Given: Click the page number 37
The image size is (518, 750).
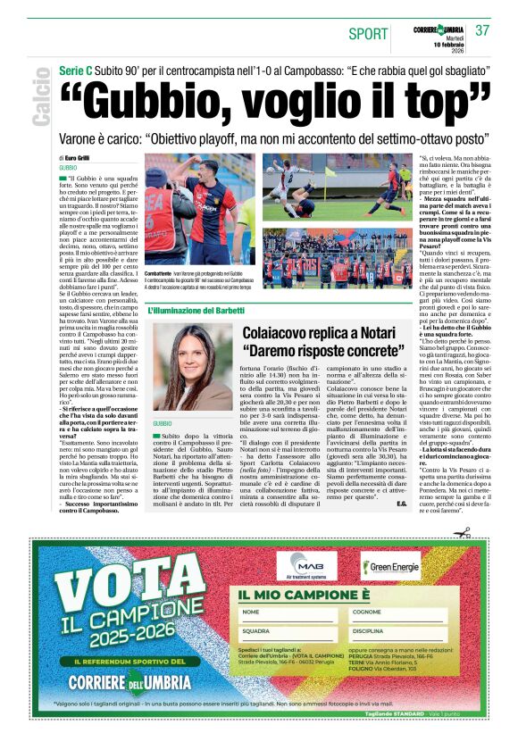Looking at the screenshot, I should pyautogui.click(x=483, y=30).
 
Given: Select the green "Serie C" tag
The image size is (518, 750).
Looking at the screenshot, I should pyautogui.click(x=76, y=70).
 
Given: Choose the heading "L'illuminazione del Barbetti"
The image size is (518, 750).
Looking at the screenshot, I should pyautogui.click(x=195, y=309).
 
